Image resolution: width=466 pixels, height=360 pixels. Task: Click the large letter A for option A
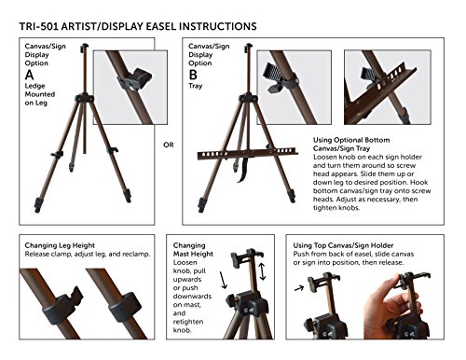click(x=30, y=75)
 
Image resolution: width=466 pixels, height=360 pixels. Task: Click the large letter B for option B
click(x=193, y=75)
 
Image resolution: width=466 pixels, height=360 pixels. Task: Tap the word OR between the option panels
click(x=169, y=145)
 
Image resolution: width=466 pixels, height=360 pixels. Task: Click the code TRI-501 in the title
click(x=38, y=26)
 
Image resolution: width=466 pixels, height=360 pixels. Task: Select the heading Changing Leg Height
click(x=60, y=245)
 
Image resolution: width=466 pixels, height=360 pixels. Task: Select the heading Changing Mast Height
click(x=193, y=250)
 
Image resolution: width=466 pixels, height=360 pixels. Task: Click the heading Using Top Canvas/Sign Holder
click(x=343, y=245)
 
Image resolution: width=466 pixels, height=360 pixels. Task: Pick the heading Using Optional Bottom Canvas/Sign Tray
click(x=351, y=144)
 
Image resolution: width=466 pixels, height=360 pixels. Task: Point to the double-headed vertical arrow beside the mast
click(x=263, y=271)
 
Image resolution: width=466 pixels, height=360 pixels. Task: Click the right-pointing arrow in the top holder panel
click(x=299, y=288)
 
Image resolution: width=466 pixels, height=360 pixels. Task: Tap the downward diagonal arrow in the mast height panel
click(x=224, y=280)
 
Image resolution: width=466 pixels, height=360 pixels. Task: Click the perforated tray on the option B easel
click(x=248, y=153)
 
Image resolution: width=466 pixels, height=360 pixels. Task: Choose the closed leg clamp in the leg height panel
click(x=125, y=307)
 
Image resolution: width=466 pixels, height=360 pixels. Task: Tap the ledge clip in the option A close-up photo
click(x=135, y=80)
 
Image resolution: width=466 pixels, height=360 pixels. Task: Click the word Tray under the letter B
click(x=195, y=86)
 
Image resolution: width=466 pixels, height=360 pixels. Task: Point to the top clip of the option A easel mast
click(x=84, y=48)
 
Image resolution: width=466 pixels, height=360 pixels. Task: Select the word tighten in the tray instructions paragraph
click(x=324, y=208)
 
